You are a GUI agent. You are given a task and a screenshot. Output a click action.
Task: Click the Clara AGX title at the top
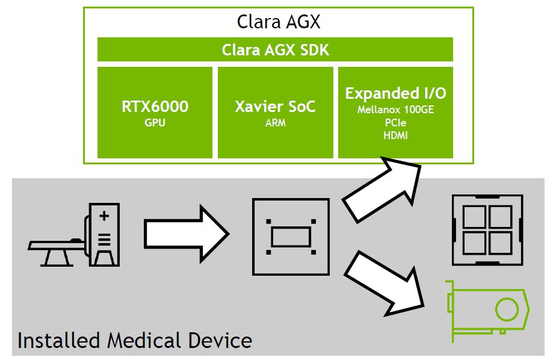pos(278,22)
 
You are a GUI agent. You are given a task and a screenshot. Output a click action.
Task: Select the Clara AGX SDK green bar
pos(275,49)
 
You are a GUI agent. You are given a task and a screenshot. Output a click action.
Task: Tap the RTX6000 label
pos(155,107)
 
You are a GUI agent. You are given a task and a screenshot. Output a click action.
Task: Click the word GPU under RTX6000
pos(155,123)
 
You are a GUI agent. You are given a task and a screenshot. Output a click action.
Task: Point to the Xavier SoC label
pos(275,107)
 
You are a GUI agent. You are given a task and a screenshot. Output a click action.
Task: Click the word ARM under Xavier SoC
pos(275,123)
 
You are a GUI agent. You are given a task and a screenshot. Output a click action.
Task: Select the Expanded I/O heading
pos(395,94)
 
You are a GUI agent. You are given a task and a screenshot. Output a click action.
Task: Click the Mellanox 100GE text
pos(395,110)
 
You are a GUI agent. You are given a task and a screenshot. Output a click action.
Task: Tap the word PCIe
pos(395,123)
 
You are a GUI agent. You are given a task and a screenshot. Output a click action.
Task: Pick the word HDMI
pos(395,135)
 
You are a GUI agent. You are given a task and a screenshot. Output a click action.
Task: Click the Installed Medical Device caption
pos(134,341)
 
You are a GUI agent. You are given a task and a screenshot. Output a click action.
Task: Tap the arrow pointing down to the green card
pos(385,283)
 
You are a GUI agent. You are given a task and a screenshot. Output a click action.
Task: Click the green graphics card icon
pos(487,310)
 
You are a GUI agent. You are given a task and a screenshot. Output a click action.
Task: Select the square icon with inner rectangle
pos(290,234)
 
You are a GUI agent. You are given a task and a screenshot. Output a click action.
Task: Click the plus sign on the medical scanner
pos(104,215)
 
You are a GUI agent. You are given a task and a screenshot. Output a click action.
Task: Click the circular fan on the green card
pos(506,310)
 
